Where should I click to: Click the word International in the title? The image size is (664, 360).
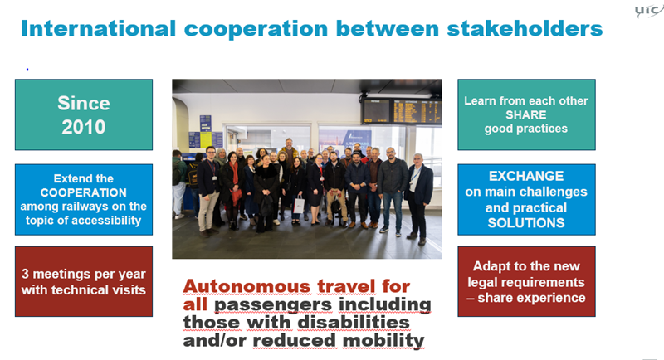point(98,29)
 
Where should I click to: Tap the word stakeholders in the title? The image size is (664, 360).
point(525,29)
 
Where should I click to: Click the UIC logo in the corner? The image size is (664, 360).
point(649,11)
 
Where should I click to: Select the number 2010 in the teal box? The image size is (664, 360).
point(84,127)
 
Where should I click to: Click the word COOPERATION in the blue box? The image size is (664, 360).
point(84,192)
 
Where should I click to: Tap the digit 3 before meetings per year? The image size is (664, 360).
point(25,274)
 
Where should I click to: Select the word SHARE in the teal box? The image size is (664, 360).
point(526,114)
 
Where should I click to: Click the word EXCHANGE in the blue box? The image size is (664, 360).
point(526,176)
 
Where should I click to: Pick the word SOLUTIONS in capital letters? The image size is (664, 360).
point(526,223)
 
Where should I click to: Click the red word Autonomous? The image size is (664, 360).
point(247,286)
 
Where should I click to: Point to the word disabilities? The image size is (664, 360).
point(354,323)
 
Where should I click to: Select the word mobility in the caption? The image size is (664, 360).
point(383,341)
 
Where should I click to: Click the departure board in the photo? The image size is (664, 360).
point(402,111)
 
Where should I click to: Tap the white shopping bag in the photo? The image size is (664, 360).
point(299,205)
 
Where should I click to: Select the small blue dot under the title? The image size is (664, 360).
point(27,69)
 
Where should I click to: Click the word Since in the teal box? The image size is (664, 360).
point(84,103)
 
